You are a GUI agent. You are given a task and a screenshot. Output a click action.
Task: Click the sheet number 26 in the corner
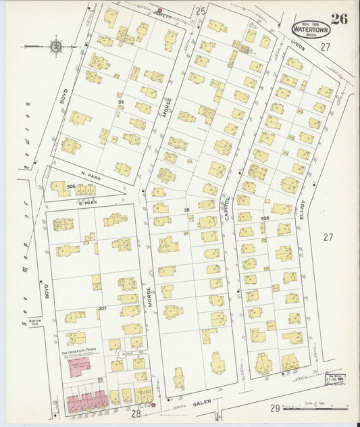(339, 18)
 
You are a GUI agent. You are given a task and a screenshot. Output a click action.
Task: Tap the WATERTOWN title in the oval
(311, 30)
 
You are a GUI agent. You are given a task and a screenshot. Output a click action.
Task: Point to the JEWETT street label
(162, 13)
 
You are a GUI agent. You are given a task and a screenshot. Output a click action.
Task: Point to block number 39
(121, 102)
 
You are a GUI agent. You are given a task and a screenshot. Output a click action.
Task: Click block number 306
(70, 186)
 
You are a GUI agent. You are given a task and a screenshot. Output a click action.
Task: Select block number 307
(103, 309)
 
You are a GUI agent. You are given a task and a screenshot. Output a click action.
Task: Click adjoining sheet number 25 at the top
(200, 11)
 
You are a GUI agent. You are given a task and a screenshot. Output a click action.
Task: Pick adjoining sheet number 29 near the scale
(275, 408)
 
